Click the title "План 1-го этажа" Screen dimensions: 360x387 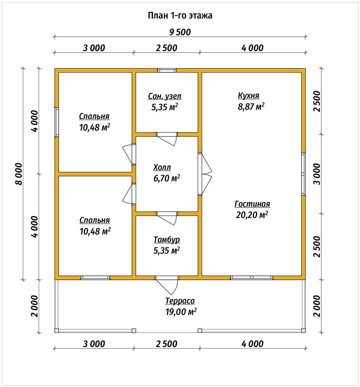point(180,15)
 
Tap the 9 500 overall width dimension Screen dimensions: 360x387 point(180,33)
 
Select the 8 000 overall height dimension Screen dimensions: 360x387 point(19,174)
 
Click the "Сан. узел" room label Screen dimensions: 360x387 point(165,96)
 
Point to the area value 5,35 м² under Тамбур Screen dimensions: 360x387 point(166,250)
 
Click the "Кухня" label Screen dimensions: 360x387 point(249,96)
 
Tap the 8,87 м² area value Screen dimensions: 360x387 point(251,107)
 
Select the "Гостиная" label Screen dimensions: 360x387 point(252,204)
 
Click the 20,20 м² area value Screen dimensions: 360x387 point(252,215)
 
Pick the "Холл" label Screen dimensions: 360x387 point(162,167)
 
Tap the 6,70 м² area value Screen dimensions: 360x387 point(167,178)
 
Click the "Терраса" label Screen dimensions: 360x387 point(180,301)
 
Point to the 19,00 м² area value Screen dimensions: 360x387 point(181,312)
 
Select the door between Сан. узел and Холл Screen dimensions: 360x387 point(167,138)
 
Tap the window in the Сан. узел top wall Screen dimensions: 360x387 point(167,70)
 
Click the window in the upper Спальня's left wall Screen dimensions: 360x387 point(57,122)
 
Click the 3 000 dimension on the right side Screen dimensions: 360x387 point(318,174)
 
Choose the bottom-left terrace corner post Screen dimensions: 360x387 point(57,330)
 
